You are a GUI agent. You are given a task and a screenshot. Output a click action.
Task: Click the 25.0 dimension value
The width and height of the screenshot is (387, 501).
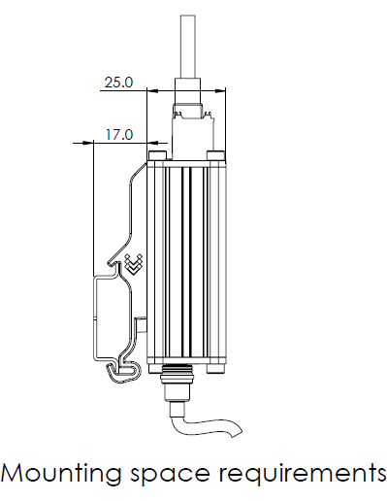click(118, 83)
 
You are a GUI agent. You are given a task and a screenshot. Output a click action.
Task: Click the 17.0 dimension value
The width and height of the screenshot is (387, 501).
click(119, 134)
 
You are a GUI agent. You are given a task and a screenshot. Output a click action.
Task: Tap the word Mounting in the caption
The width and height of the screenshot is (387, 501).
click(61, 475)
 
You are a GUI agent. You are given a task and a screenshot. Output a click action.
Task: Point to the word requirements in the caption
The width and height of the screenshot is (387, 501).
click(303, 475)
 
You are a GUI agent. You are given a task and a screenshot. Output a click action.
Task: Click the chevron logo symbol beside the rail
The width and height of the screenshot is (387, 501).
click(134, 264)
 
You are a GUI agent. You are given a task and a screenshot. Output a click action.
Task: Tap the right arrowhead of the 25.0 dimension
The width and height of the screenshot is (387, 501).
click(219, 90)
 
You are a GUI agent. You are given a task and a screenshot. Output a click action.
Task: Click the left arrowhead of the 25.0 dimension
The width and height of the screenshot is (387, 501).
click(153, 90)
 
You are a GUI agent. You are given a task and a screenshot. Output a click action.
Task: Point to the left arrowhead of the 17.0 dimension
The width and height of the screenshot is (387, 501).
click(87, 143)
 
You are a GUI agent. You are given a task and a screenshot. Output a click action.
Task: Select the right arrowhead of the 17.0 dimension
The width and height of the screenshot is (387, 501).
click(153, 143)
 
